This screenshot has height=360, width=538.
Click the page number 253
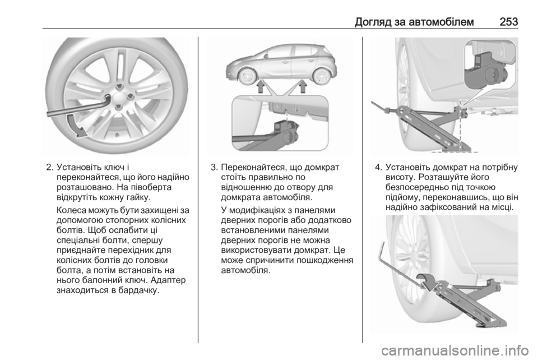(508, 22)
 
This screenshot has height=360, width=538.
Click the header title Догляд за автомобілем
(415, 22)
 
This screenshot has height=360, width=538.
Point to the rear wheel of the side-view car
(322, 76)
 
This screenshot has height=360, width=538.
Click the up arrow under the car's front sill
(261, 86)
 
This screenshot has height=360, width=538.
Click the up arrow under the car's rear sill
(303, 86)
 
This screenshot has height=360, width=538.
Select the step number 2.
(50, 168)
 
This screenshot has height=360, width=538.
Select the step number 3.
(214, 168)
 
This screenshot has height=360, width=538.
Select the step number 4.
(378, 168)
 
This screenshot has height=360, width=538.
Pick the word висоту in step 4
(398, 178)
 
